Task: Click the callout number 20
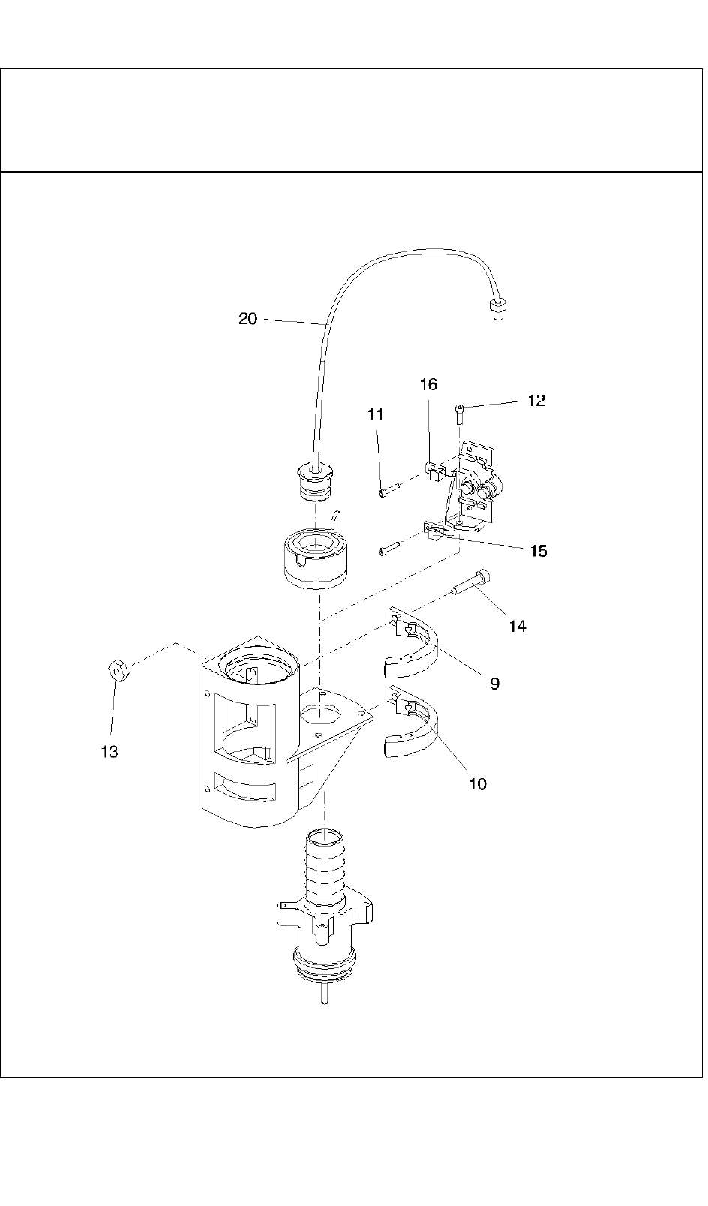coord(248,319)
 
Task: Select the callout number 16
coord(429,384)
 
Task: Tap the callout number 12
coord(536,401)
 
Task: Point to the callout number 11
coord(376,414)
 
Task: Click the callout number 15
coord(538,552)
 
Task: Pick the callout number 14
coord(517,626)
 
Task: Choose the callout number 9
coord(494,684)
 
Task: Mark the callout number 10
coord(478,784)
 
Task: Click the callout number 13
coord(109,752)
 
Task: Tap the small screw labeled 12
coord(460,414)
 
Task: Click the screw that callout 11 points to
coord(389,489)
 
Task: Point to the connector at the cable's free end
coord(499,311)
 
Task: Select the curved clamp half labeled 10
coord(412,721)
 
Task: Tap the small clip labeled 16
coord(436,470)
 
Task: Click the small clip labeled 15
coord(435,531)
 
